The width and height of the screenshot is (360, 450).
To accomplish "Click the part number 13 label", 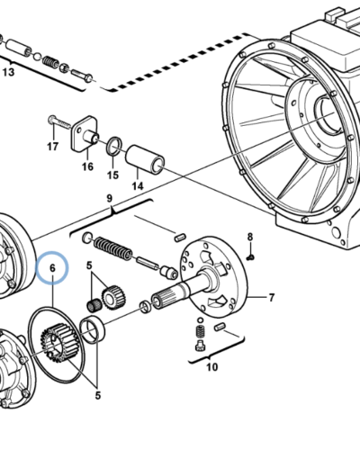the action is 8,72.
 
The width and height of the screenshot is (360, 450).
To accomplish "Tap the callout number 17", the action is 52,147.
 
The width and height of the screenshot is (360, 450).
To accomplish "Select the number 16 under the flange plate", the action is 87,166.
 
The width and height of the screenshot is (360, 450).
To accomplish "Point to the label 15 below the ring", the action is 112,175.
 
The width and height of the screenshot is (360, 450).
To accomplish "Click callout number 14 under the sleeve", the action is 138,186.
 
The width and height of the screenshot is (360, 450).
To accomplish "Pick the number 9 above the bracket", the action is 109,198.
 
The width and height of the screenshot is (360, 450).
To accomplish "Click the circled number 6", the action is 52,267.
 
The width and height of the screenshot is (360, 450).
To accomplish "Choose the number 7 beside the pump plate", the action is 272,298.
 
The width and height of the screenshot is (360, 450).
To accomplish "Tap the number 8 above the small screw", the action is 250,237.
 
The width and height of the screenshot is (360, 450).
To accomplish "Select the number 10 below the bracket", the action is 211,366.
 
